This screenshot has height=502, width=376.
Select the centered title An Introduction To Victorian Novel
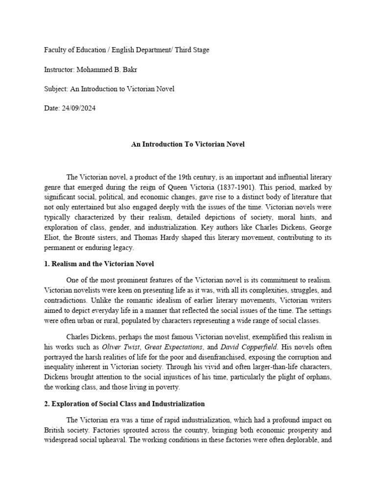[x=188, y=145]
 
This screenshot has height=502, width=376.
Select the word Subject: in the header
[x=57, y=89]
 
